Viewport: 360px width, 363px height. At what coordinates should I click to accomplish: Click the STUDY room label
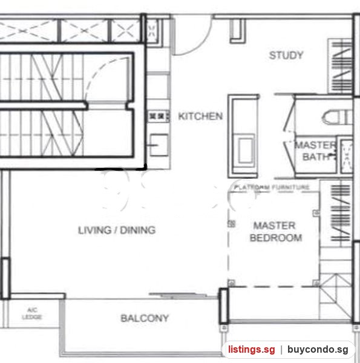(x=286, y=55)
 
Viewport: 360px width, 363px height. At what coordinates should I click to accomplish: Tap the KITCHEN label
(x=200, y=116)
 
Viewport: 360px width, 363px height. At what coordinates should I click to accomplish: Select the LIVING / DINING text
(x=117, y=230)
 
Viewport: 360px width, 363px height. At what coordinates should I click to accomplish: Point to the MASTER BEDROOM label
(x=275, y=232)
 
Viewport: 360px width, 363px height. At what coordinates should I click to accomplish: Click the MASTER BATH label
(x=315, y=151)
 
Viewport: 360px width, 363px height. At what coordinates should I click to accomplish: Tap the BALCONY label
(x=145, y=318)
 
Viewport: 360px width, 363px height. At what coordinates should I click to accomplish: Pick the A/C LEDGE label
(x=32, y=313)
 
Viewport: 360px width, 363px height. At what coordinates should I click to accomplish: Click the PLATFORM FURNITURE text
(x=272, y=187)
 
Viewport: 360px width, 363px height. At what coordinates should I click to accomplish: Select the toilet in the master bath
(x=337, y=117)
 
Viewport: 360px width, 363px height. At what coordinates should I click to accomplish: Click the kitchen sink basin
(x=159, y=145)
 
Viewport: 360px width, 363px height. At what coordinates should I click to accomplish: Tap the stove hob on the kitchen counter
(x=159, y=116)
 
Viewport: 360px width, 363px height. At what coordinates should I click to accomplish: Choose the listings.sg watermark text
(x=252, y=350)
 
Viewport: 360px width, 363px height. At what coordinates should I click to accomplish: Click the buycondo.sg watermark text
(x=318, y=350)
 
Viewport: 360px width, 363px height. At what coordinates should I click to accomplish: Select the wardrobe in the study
(x=340, y=66)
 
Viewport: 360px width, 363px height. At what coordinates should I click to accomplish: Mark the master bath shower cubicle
(x=346, y=155)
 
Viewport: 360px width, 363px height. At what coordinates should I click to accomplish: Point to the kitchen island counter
(x=243, y=136)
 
